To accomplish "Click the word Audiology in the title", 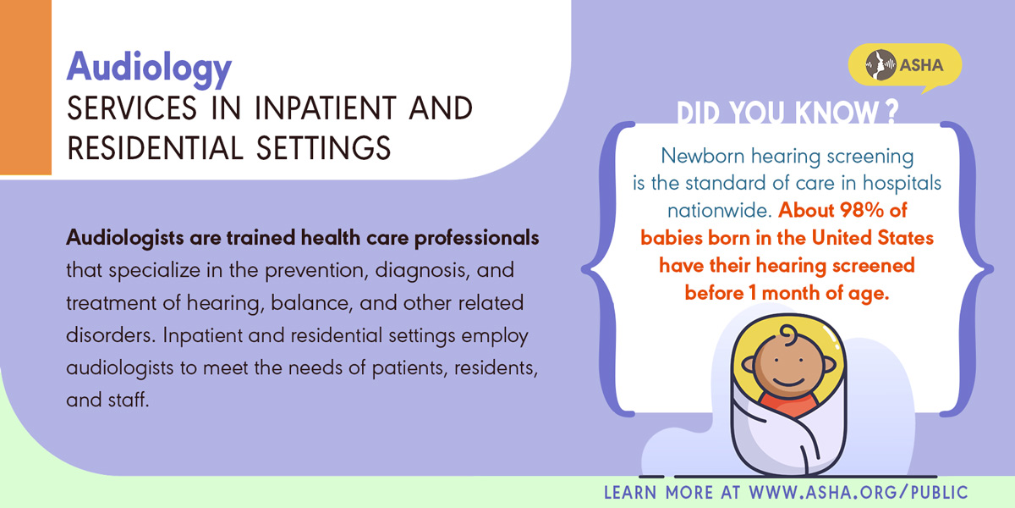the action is click(x=149, y=69).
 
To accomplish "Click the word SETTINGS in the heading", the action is click(x=323, y=148).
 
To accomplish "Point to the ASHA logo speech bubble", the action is click(x=905, y=66).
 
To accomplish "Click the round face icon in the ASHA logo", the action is click(x=881, y=65).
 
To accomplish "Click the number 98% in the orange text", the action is click(x=861, y=210).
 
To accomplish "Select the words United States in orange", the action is click(x=873, y=238).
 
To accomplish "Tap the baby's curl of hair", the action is click(x=789, y=334).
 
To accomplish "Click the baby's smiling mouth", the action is click(x=788, y=381).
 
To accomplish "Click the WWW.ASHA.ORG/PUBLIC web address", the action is click(x=859, y=493).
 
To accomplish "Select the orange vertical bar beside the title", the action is click(x=25, y=87).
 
